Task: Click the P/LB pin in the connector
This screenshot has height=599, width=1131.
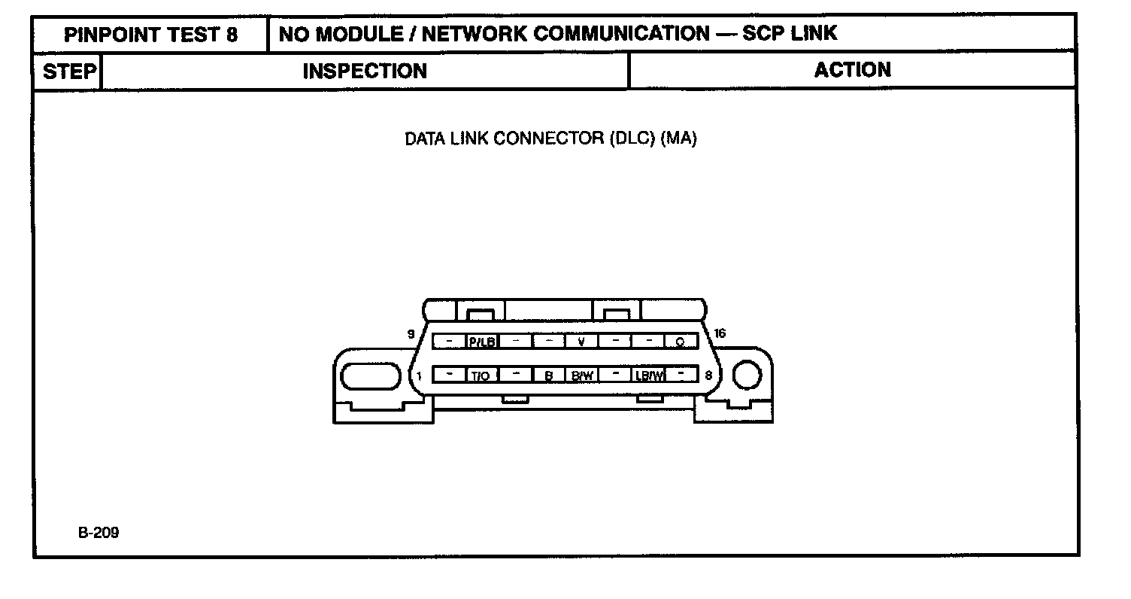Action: click(482, 342)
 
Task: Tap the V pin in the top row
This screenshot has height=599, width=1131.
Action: click(581, 342)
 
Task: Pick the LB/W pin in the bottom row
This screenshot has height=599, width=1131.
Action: click(649, 375)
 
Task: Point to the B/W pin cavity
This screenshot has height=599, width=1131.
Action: click(581, 375)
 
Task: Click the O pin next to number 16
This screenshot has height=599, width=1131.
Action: click(680, 342)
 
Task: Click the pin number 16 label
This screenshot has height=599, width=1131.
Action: click(720, 333)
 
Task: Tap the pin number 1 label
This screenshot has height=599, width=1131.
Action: click(419, 374)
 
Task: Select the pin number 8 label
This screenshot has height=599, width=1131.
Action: click(708, 374)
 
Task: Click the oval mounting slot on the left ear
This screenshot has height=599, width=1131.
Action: click(370, 376)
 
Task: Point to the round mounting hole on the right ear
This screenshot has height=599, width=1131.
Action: click(747, 375)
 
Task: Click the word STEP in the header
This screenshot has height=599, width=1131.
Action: click(69, 71)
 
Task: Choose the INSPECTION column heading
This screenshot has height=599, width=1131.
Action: click(365, 71)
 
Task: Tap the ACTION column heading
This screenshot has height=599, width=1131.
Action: click(853, 70)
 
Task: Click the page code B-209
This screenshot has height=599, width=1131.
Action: click(98, 533)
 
